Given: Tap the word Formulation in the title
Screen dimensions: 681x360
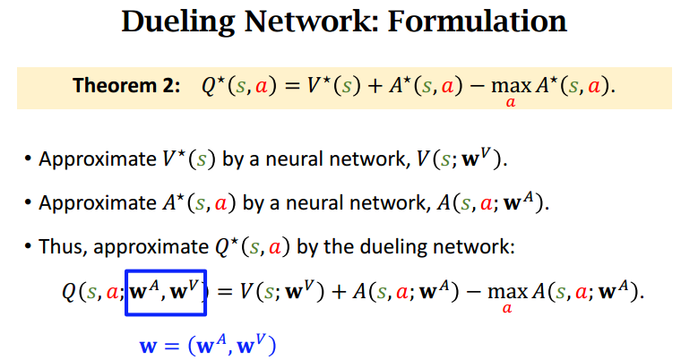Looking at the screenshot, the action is tap(478, 21).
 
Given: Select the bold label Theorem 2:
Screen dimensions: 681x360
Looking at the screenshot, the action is tap(126, 85).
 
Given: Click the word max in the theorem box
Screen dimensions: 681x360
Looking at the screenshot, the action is tap(511, 86).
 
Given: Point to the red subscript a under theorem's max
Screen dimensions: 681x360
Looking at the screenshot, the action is tap(511, 102).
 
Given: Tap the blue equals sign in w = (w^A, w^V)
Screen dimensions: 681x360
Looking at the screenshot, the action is tap(171, 346).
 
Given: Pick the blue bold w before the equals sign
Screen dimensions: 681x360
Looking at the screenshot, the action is tap(148, 347).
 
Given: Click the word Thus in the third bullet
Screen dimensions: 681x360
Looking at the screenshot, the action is tap(63, 246).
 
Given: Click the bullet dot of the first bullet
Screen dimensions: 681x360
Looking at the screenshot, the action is tap(29, 159).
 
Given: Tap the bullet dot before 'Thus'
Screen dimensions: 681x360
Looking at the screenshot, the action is tap(29, 246).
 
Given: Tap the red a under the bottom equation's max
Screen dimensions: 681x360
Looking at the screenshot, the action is tap(507, 308).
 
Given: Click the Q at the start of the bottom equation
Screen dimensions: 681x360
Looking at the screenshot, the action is tap(70, 292).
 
